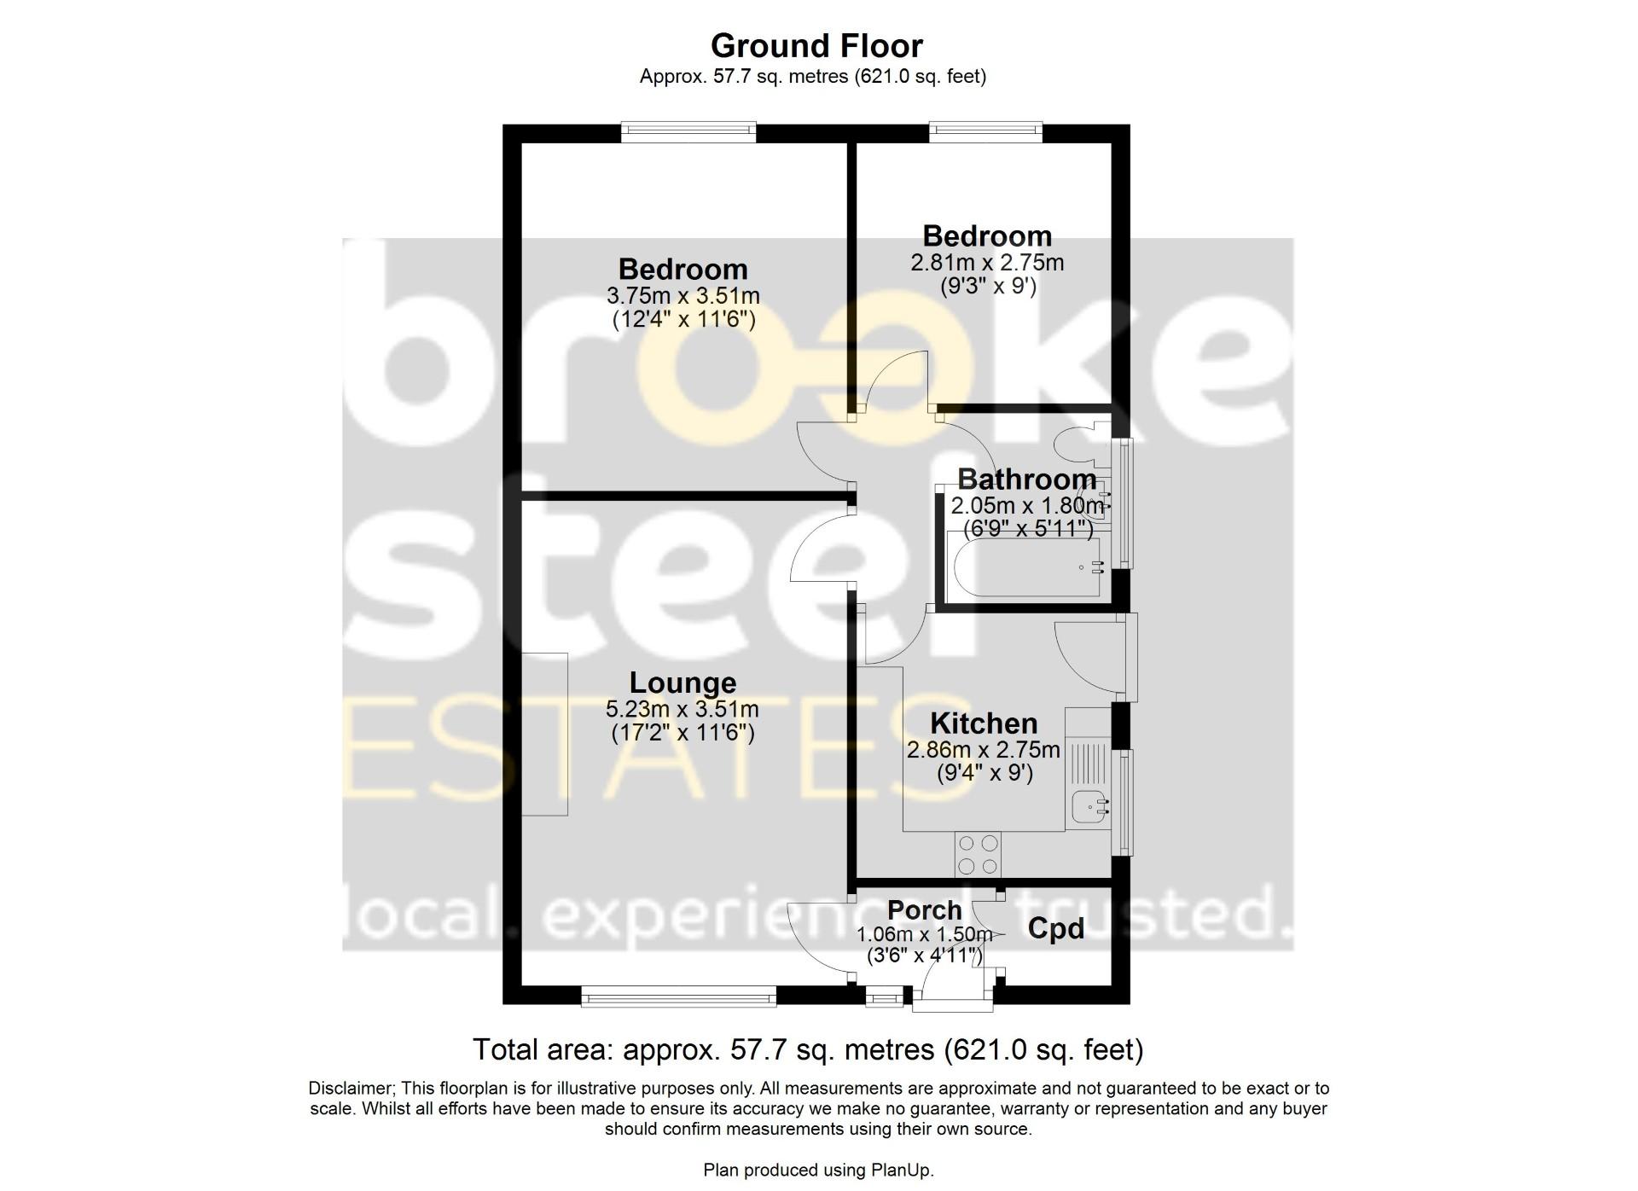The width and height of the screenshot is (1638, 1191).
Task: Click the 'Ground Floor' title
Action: click(x=816, y=45)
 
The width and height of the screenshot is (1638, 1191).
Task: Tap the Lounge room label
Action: click(x=682, y=683)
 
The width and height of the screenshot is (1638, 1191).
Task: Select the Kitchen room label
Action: click(x=984, y=723)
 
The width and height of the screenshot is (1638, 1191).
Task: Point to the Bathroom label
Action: click(x=1026, y=479)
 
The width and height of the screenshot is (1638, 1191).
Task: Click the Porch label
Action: click(x=924, y=910)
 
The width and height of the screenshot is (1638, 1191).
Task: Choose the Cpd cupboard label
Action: click(x=1055, y=928)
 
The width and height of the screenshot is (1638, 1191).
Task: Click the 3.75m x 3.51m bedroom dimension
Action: click(x=682, y=296)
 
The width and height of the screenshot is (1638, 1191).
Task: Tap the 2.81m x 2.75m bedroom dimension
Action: click(x=987, y=263)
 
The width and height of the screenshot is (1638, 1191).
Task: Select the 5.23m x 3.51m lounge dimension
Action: click(x=682, y=709)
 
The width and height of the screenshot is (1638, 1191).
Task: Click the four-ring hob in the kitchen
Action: click(x=979, y=854)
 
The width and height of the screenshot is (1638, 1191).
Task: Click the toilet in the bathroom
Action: click(x=1075, y=444)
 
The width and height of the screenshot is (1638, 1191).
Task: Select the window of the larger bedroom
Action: click(x=688, y=131)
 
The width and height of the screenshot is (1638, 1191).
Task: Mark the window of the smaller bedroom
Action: click(x=985, y=131)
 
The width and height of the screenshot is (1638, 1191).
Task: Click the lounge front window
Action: click(x=678, y=996)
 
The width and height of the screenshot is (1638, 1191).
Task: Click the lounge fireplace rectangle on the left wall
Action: click(x=545, y=734)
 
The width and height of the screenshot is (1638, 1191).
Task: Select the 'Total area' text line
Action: click(x=808, y=1049)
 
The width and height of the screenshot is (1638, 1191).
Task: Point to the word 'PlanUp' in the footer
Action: click(x=907, y=1171)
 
